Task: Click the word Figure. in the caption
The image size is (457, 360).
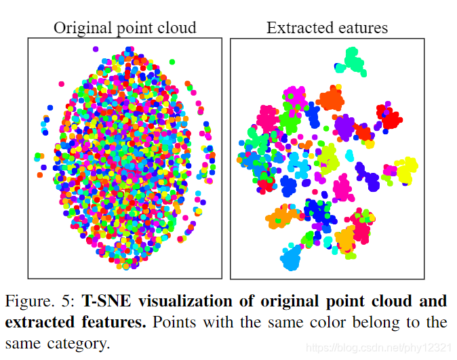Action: click(31, 301)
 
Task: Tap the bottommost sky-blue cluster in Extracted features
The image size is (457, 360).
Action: click(292, 258)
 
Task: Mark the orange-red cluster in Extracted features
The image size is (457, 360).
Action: click(330, 98)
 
